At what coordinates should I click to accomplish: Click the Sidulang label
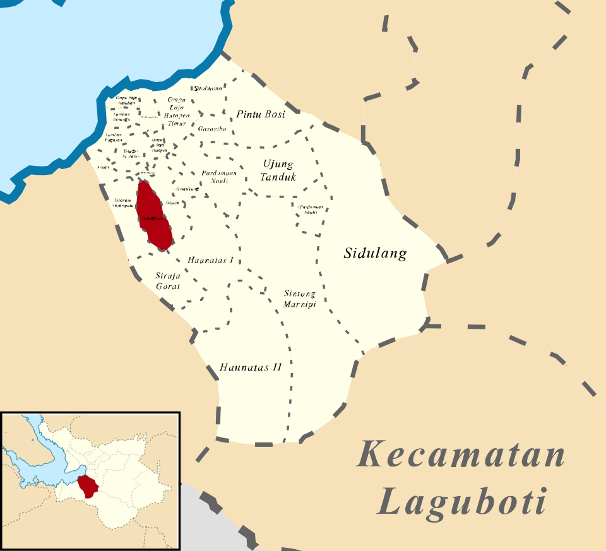375,254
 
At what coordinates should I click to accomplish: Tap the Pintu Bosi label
261,114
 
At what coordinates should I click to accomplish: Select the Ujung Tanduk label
278,170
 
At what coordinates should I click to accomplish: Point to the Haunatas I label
211,259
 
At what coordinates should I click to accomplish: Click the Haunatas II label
250,367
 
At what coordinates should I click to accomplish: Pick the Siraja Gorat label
168,281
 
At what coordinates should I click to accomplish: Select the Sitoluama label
208,89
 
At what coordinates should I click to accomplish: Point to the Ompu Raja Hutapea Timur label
177,112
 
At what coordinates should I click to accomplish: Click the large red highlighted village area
154,215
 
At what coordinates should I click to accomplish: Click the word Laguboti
461,503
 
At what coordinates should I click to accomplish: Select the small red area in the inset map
89,485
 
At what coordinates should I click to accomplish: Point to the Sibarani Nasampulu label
124,202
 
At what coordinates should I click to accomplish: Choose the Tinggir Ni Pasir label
131,153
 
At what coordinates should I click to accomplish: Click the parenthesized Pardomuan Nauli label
308,209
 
